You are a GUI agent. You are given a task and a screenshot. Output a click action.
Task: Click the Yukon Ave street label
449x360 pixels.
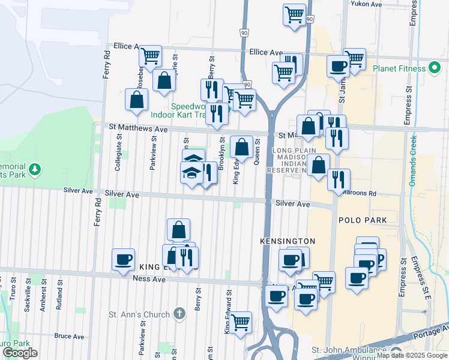click(x=366, y=4)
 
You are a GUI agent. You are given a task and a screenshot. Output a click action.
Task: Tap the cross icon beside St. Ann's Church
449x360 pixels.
click(x=179, y=313)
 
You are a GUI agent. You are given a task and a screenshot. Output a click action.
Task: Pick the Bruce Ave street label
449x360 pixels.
click(x=69, y=336)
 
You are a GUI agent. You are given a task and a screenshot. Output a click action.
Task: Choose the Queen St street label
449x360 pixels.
click(x=256, y=152)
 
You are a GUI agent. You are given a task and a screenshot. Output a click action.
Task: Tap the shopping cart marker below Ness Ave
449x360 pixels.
click(x=241, y=323)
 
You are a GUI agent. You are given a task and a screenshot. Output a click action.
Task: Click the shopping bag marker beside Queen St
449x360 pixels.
click(x=241, y=146)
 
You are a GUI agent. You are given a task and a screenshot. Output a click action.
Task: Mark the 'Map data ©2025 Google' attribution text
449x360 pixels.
click(x=412, y=355)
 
